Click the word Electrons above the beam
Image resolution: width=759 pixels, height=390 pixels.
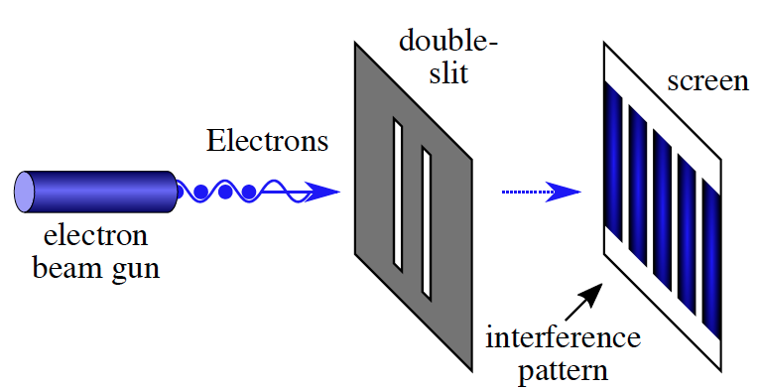point(267,141)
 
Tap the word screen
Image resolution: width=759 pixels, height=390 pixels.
point(707,80)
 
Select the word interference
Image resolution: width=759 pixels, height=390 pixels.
point(563,337)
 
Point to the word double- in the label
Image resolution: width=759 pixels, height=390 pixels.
point(448,42)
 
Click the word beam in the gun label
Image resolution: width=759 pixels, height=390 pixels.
point(65,266)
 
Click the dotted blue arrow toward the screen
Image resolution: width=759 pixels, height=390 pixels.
point(541,192)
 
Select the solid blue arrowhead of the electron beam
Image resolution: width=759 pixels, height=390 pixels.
point(321,191)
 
